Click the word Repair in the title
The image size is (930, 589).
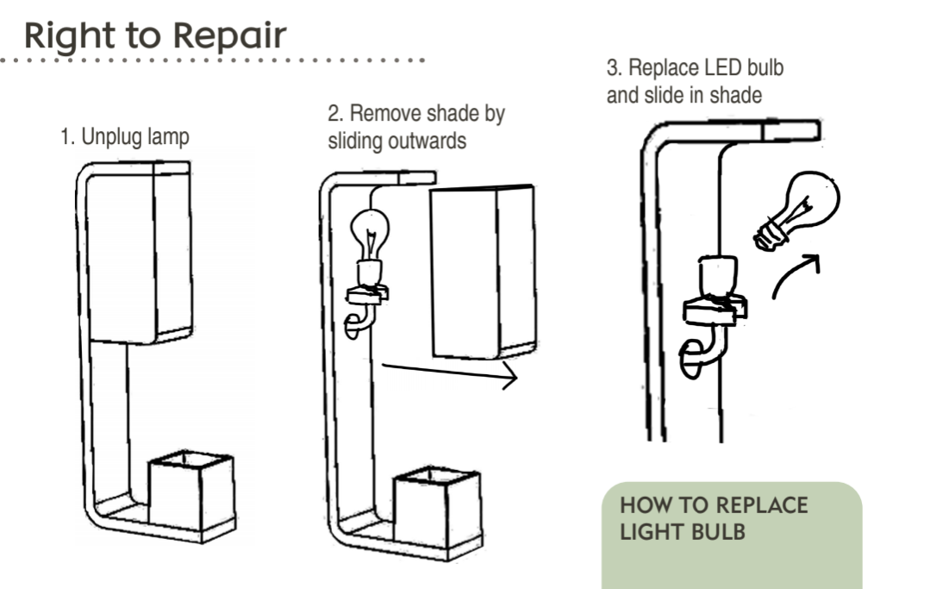click(229, 36)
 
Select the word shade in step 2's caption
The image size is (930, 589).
click(449, 114)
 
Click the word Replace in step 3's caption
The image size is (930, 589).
click(665, 68)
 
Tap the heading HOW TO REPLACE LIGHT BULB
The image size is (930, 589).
click(713, 517)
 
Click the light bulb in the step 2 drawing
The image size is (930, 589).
click(370, 234)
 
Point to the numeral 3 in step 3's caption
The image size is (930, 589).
click(611, 68)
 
